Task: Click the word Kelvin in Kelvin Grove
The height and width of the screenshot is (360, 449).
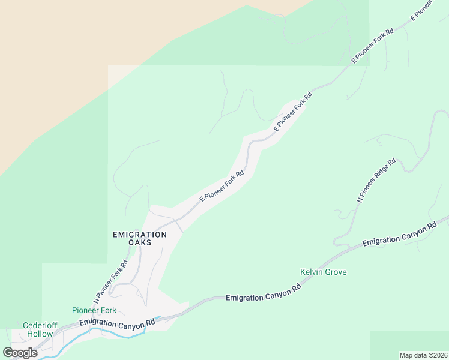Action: point(311,272)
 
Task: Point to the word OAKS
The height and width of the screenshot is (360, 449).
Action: point(139,242)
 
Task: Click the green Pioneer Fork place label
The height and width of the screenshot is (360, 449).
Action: point(94,310)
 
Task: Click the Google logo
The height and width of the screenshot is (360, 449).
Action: point(20,352)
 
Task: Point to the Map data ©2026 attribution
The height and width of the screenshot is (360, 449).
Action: point(423,355)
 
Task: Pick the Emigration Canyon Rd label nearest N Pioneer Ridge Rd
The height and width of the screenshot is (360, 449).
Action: point(399,235)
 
